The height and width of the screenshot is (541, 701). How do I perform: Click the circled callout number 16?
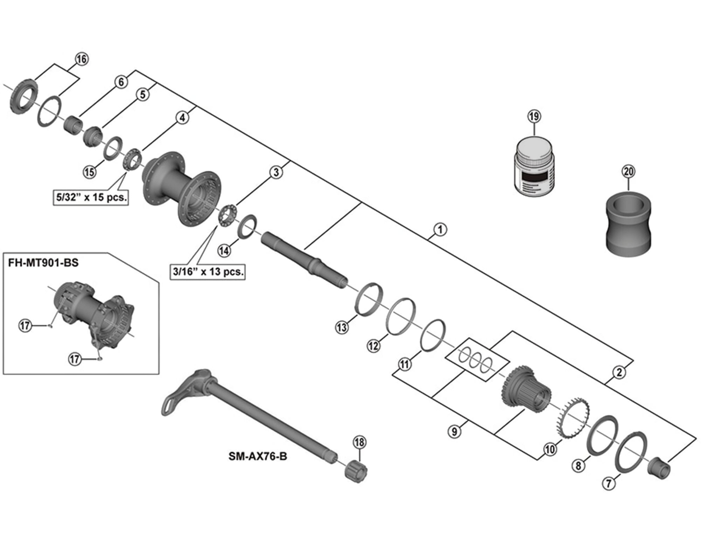point(81,59)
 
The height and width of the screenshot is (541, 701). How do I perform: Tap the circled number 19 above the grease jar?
point(534,117)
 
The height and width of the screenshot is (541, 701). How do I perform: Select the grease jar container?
point(534,167)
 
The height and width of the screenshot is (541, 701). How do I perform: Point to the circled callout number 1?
point(440,229)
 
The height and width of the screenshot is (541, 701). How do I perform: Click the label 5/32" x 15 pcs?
point(91,197)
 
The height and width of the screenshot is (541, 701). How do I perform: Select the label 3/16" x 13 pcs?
point(208,272)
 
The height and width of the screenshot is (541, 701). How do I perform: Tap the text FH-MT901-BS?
point(43,263)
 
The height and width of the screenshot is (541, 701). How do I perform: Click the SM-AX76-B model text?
point(258,456)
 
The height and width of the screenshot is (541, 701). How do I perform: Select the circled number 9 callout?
point(455,431)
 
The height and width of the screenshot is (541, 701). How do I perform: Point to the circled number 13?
point(342,327)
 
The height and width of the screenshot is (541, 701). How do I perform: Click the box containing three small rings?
point(476,360)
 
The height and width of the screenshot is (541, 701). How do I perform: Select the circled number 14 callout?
point(224,250)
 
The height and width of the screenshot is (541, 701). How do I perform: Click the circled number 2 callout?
point(619,372)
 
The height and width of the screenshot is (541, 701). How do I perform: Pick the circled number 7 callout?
point(609,483)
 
